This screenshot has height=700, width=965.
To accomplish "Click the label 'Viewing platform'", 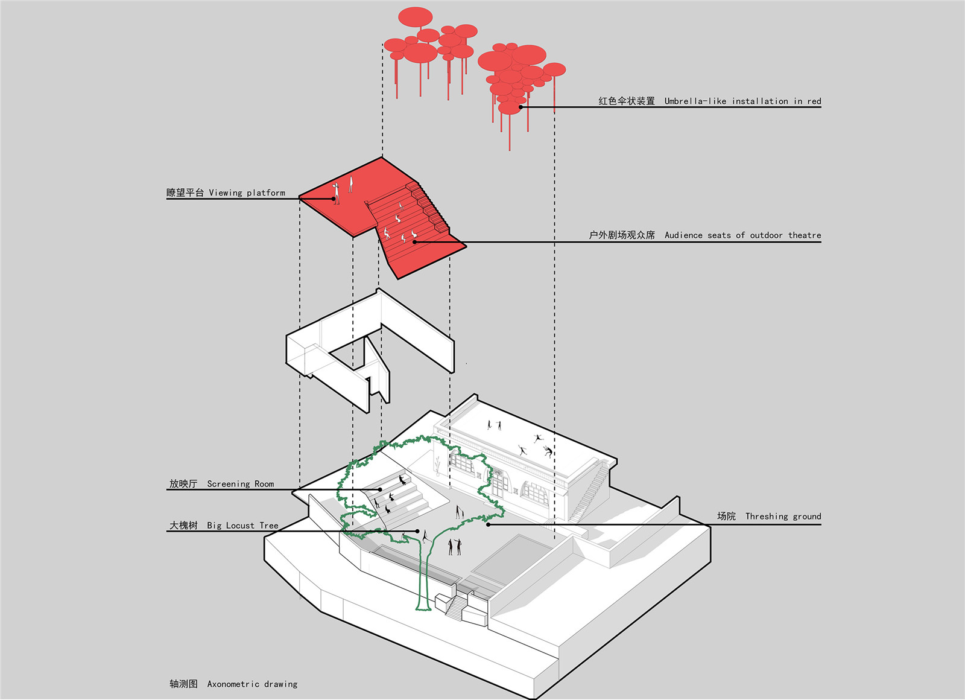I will [247, 193].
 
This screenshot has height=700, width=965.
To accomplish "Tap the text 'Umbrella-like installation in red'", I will [742, 101].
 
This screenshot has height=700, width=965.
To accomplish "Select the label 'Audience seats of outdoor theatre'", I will [742, 235].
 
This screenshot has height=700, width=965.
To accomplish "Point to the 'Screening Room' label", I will [240, 484].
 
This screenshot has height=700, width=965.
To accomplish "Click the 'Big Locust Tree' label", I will [242, 526].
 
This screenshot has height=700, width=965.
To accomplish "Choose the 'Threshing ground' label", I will [783, 517].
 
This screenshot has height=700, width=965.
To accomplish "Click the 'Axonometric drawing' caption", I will [252, 684].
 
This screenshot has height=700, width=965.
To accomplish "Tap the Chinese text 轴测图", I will [183, 684].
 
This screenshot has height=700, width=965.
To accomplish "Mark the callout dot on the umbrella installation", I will [521, 107].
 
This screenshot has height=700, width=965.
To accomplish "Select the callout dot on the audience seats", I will [415, 242].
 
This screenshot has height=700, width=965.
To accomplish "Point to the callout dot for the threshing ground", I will [488, 524].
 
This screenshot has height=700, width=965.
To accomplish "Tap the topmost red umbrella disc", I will [415, 17].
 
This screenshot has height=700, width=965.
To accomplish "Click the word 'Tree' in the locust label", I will [269, 526].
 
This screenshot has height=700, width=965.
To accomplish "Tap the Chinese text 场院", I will [726, 517].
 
